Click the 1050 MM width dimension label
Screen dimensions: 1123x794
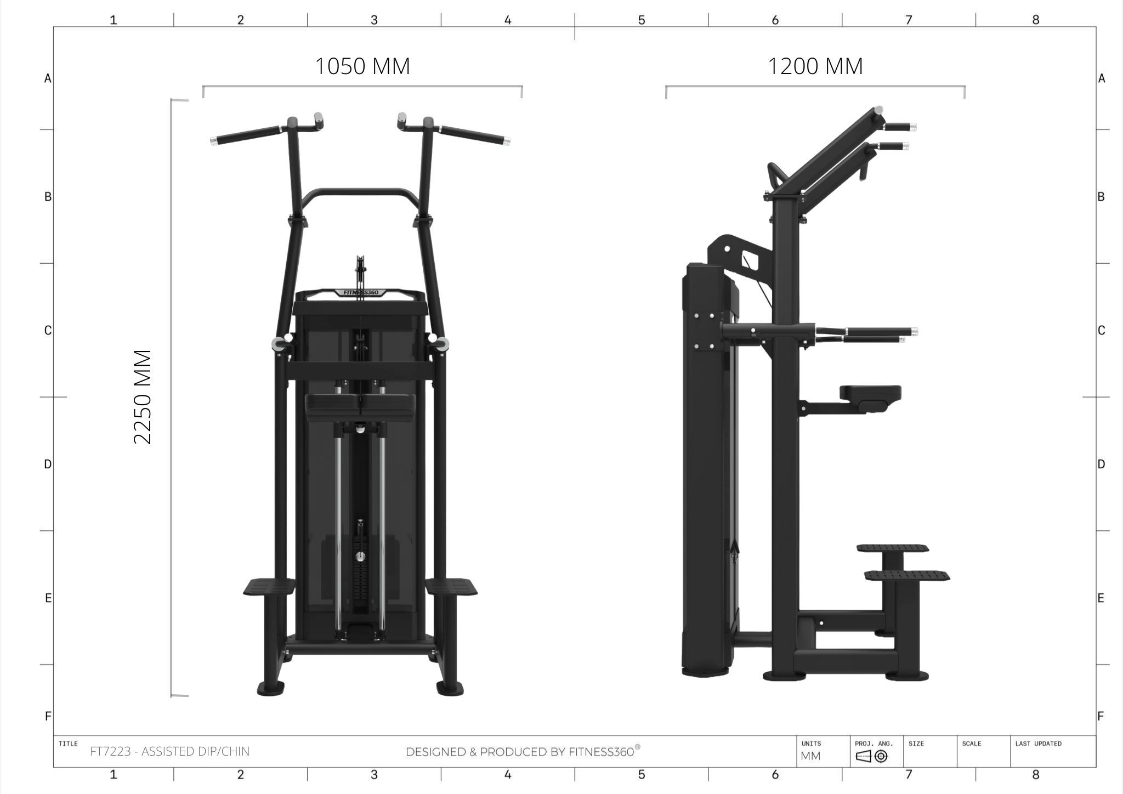pyautogui.click(x=362, y=66)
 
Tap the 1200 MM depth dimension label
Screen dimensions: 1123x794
pyautogui.click(x=815, y=66)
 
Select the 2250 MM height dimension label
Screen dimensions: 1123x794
pyautogui.click(x=143, y=397)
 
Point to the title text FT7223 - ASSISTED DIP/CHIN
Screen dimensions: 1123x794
pyautogui.click(x=169, y=751)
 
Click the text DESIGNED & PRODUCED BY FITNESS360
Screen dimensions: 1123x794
pyautogui.click(x=523, y=751)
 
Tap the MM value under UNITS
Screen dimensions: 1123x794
pyautogui.click(x=810, y=756)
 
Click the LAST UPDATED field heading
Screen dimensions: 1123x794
pyautogui.click(x=1038, y=744)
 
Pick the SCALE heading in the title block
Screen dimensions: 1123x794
pyautogui.click(x=972, y=744)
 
